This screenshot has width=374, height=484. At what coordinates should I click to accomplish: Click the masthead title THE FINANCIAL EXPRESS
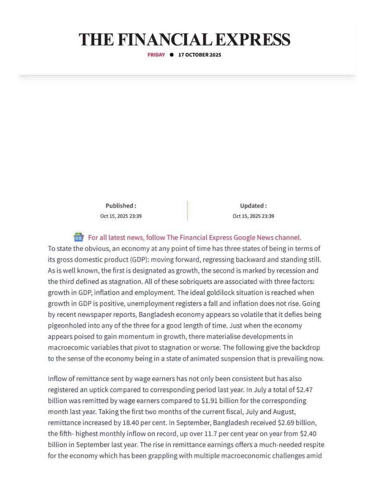185,40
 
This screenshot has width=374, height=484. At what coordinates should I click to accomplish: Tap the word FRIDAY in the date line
156,55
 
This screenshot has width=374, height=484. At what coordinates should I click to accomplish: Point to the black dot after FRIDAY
172,55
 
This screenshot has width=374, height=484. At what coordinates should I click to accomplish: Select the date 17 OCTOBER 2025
200,55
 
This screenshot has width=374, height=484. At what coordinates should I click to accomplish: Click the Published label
121,206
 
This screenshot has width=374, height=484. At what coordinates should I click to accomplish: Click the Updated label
253,206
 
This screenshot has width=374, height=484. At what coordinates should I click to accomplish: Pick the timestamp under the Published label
121,216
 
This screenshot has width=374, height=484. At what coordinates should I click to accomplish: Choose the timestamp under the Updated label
253,216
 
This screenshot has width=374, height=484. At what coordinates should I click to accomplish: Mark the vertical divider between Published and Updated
187,211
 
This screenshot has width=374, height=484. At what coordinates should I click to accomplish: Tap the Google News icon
78,237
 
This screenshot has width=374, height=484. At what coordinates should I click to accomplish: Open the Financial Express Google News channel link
194,237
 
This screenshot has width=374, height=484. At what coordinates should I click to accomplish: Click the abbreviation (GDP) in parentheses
139,260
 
